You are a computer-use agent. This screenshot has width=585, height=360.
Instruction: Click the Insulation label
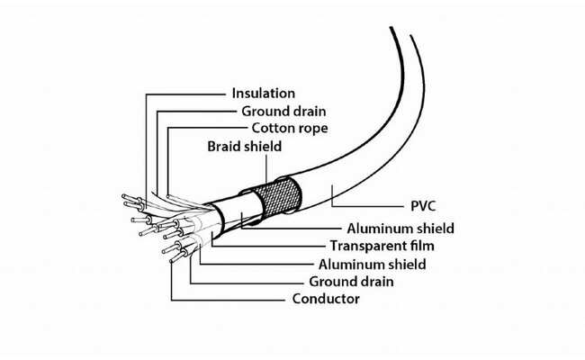point(263,93)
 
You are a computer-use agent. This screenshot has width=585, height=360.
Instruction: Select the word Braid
point(224,145)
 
